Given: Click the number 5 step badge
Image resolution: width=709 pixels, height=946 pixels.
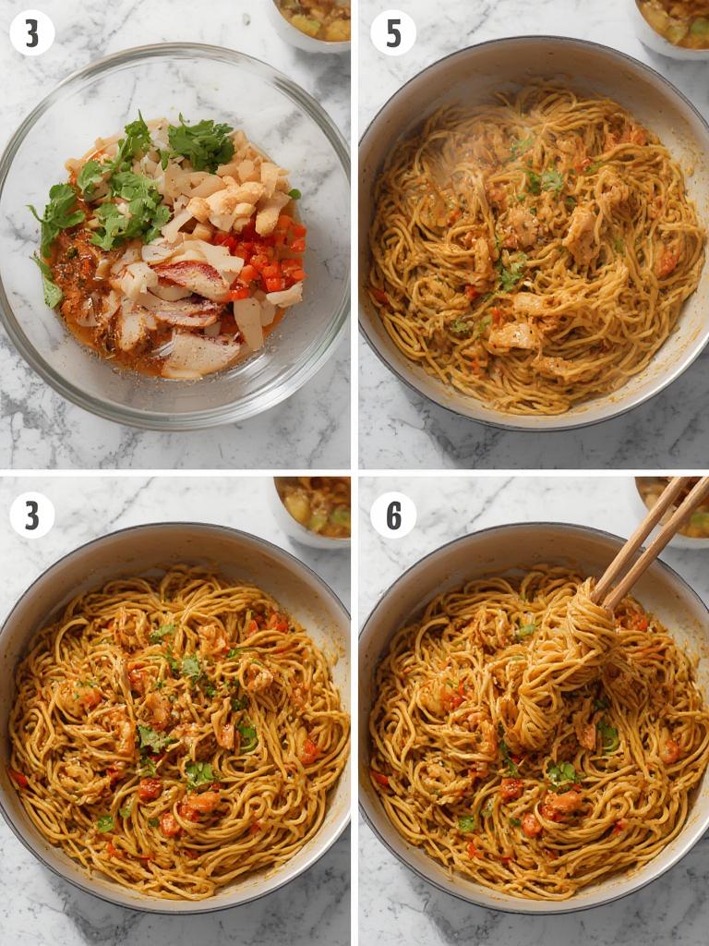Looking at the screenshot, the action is pyautogui.click(x=393, y=32).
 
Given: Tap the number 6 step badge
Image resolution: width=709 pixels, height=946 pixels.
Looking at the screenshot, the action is pyautogui.click(x=393, y=515).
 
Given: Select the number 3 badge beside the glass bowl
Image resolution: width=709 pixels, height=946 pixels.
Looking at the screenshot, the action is pyautogui.click(x=32, y=32).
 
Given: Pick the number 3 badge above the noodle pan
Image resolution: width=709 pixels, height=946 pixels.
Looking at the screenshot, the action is pyautogui.click(x=32, y=515).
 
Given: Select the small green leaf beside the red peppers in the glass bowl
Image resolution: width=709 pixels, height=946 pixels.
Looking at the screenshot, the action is pyautogui.click(x=294, y=194).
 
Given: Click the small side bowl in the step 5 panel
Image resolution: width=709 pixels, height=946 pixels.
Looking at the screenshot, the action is pyautogui.click(x=673, y=27).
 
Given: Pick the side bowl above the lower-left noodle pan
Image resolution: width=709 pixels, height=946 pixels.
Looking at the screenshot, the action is pyautogui.click(x=312, y=510).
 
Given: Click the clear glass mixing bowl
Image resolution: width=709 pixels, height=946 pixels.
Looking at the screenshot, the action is pyautogui.click(x=174, y=236).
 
